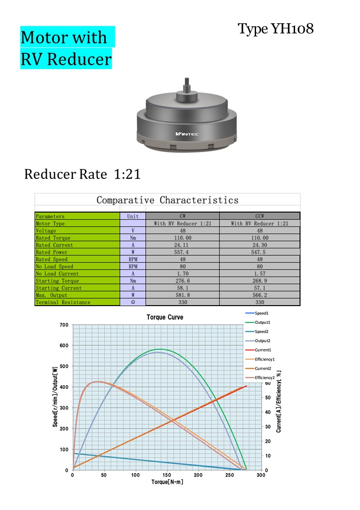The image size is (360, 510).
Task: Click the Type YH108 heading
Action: pos(276,29)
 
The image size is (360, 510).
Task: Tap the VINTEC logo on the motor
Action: pos(187,134)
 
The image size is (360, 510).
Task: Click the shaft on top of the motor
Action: pos(187,85)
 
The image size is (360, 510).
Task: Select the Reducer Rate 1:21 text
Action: pos(82,174)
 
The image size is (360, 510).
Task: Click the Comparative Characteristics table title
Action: pos(168,200)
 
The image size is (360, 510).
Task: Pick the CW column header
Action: pos(182,216)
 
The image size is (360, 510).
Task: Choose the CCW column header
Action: pos(260,216)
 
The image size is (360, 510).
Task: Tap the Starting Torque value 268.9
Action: pos(260,281)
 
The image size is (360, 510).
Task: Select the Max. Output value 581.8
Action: pos(182,295)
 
